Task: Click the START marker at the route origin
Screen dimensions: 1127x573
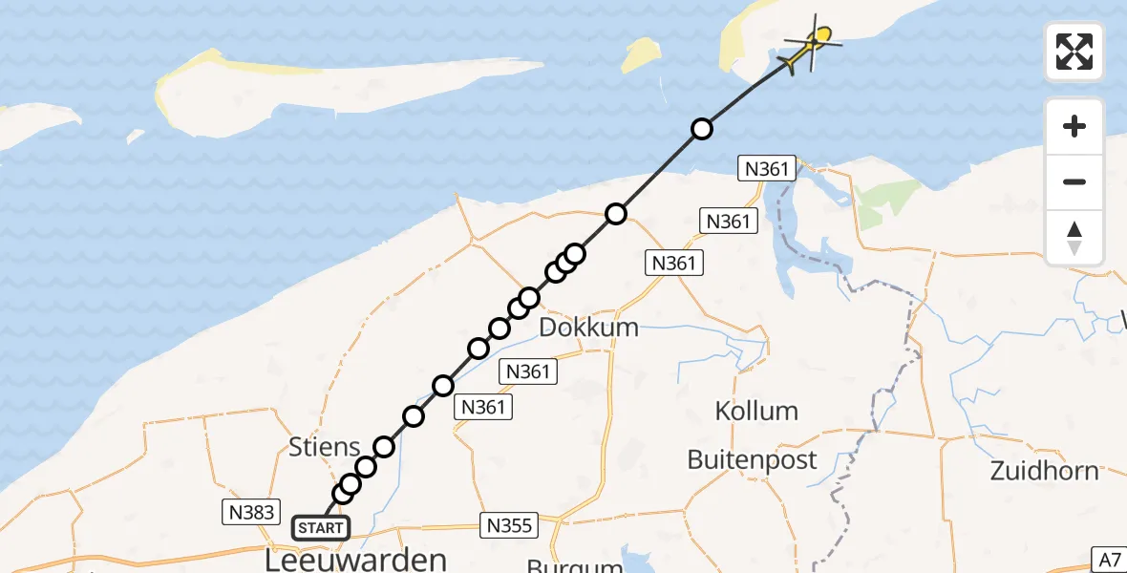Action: pyautogui.click(x=321, y=527)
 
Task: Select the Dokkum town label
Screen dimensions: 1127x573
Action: pyautogui.click(x=588, y=328)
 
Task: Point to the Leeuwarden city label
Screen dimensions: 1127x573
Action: pyautogui.click(x=355, y=559)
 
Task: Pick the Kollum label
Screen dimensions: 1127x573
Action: pyautogui.click(x=756, y=412)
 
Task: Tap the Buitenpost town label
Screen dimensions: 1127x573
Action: pyautogui.click(x=752, y=460)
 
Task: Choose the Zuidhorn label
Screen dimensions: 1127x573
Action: pyautogui.click(x=1044, y=471)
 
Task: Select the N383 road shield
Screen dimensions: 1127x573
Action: pyautogui.click(x=250, y=513)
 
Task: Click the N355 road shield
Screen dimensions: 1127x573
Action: pyautogui.click(x=508, y=524)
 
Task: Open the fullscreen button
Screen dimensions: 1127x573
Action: pyautogui.click(x=1074, y=52)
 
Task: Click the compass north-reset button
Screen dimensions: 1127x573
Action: pyautogui.click(x=1074, y=237)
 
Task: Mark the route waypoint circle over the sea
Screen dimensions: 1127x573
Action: pyautogui.click(x=702, y=129)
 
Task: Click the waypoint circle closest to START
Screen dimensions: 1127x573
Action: pyautogui.click(x=342, y=494)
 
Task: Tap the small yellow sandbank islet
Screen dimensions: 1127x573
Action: pyautogui.click(x=636, y=57)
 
